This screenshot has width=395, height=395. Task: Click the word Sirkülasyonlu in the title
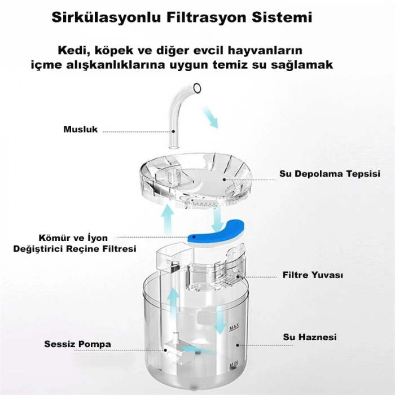[x=106, y=17]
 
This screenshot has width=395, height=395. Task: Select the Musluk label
[x=80, y=129]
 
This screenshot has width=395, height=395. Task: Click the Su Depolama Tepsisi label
[x=330, y=174]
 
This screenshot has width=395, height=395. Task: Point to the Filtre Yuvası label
[x=313, y=275]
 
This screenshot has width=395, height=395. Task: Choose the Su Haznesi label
[x=310, y=337]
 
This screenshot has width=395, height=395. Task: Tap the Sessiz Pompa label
[x=78, y=344]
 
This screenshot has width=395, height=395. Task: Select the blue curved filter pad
[x=216, y=234]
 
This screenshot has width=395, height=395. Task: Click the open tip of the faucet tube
[x=197, y=88]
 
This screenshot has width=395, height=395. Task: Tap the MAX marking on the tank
[x=234, y=327]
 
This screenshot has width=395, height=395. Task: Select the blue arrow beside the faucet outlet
[x=210, y=117]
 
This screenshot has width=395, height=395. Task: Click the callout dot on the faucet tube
[x=174, y=131]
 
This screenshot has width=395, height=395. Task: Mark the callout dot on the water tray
[x=224, y=179]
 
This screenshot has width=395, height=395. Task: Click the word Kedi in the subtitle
[x=72, y=50]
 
